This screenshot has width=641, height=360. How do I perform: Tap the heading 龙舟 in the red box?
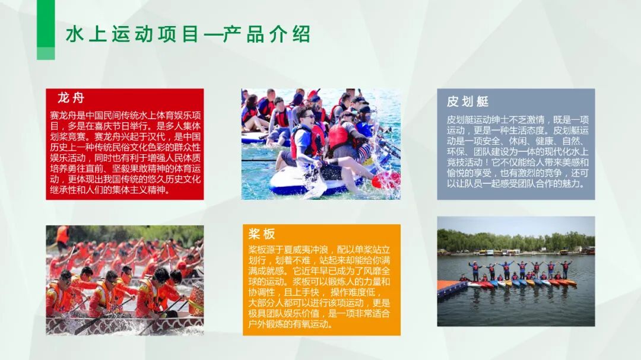click(x=71, y=98)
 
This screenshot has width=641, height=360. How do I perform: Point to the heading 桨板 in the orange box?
click(x=261, y=234)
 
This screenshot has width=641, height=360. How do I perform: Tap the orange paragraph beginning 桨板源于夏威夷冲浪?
click(x=320, y=286)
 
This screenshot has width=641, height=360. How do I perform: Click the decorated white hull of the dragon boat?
click(x=119, y=324)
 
